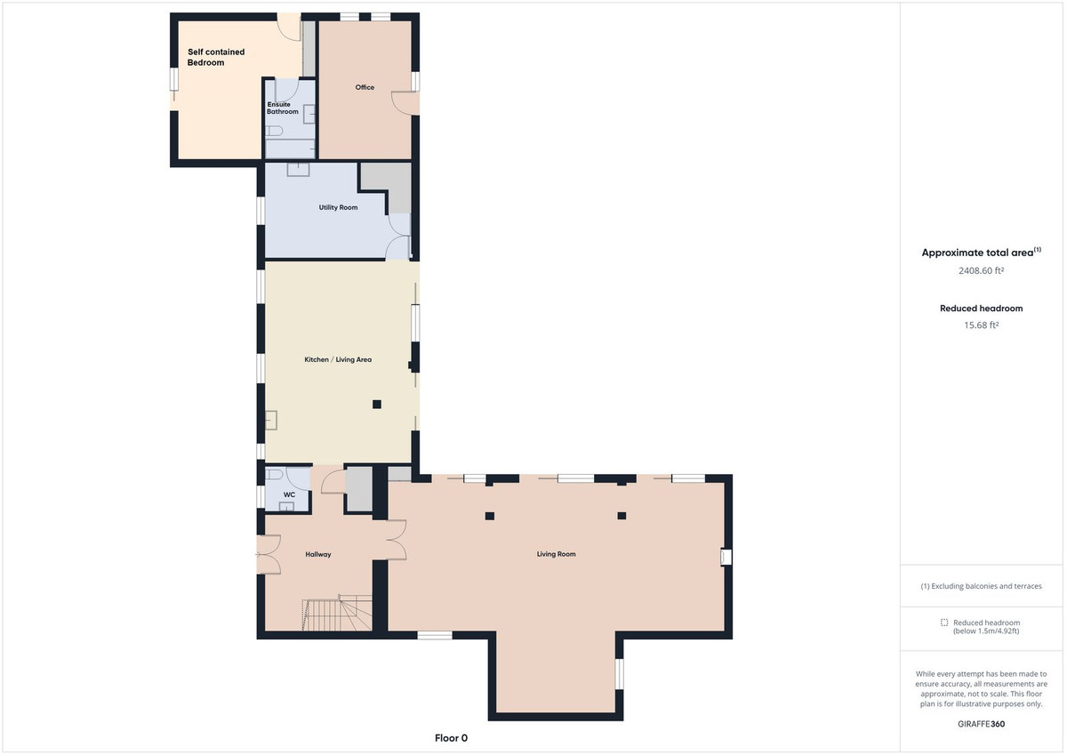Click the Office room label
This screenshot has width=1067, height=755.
365,87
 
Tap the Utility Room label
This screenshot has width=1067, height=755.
338,207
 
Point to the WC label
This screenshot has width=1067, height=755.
289,494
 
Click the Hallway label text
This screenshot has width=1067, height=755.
318,554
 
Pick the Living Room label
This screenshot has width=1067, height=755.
556,554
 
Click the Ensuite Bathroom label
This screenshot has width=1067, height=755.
283,108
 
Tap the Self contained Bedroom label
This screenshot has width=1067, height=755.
215,58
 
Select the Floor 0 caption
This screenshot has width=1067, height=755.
451,738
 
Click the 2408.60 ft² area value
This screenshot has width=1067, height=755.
981,270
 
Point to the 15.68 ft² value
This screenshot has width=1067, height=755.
981,325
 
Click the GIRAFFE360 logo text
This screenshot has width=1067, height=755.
981,724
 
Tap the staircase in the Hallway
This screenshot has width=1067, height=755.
334,614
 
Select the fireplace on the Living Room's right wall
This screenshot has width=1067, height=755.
726,557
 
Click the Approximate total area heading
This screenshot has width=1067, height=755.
981,253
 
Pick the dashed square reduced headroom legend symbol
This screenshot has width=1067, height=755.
944,622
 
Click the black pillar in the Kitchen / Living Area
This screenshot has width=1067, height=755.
377,405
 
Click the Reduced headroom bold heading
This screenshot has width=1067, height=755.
981,309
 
